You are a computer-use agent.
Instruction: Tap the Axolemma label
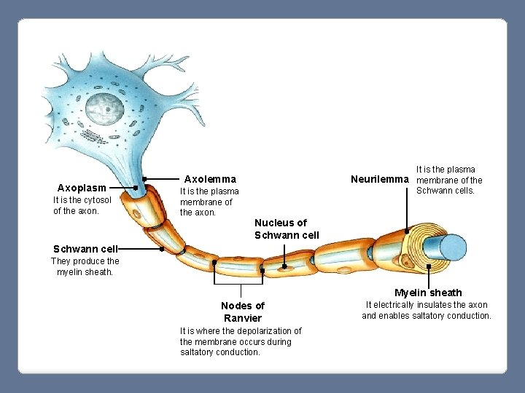(210, 178)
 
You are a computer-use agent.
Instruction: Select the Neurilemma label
(380, 178)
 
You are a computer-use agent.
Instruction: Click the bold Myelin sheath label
(428, 293)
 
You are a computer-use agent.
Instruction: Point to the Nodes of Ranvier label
(242, 311)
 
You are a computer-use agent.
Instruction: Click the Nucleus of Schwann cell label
(287, 229)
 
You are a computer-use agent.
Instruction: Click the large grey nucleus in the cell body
(106, 110)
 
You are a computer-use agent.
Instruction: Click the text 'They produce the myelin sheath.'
(85, 266)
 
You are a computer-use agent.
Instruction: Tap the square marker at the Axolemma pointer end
(145, 178)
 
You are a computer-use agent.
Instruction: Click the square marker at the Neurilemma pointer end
(407, 231)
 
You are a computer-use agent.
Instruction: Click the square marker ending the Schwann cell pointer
(162, 248)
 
